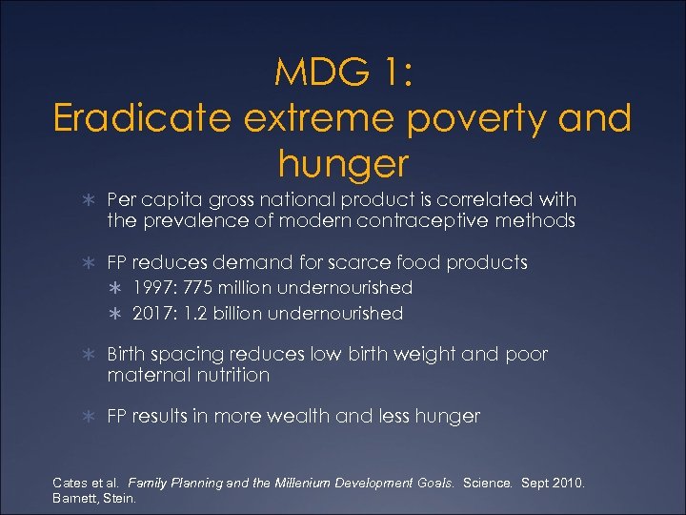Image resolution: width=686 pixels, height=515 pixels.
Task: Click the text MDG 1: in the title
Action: click(343, 72)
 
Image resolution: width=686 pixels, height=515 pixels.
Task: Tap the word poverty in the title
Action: click(476, 119)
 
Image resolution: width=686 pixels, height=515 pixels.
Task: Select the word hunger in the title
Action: click(343, 164)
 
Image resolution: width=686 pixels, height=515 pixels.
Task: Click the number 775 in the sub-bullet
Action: click(196, 287)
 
